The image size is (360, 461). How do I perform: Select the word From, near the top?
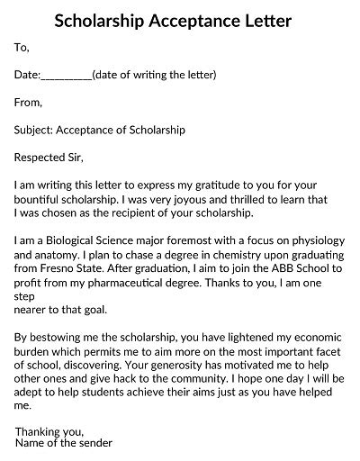(x=30, y=103)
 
